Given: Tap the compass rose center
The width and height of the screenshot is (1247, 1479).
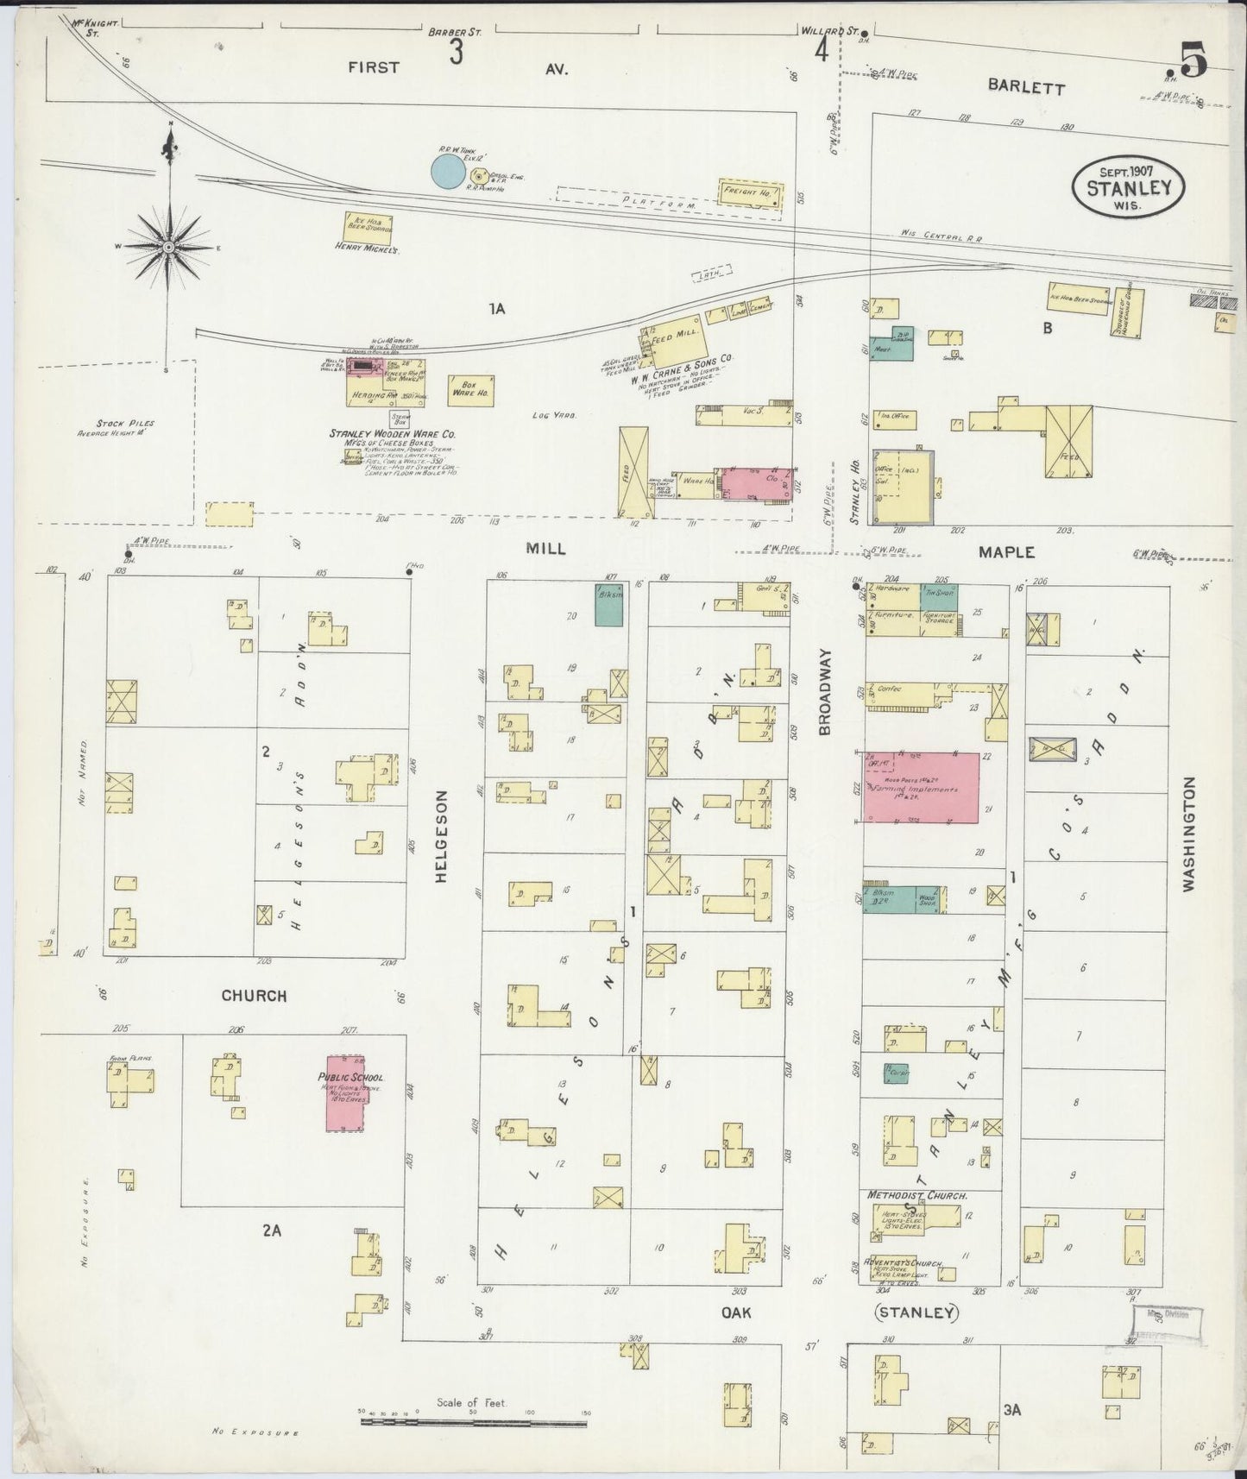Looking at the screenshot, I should point(168,247).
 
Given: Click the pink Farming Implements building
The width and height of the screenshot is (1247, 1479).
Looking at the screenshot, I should point(921,787).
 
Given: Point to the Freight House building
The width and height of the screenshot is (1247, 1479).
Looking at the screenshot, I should point(751,194).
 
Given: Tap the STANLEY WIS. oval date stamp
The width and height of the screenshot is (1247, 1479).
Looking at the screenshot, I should point(1128,185).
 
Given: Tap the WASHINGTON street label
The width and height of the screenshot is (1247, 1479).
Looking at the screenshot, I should point(1190,834).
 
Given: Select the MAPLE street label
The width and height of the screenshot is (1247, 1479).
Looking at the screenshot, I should point(1006,551).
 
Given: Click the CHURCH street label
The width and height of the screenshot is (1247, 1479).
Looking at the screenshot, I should point(254,995).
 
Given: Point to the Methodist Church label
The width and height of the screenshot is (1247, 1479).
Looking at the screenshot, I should point(918,1196).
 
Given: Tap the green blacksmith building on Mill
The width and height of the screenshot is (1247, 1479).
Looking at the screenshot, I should point(609,605).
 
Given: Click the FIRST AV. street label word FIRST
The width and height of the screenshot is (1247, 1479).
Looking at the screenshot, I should point(374,67).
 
